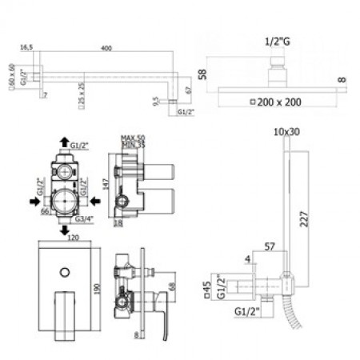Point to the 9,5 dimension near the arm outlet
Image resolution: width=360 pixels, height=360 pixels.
tap(156, 102)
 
